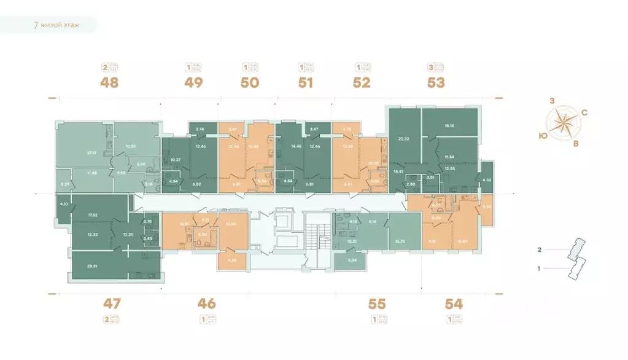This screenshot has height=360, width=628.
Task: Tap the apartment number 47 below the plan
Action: pyautogui.click(x=112, y=303)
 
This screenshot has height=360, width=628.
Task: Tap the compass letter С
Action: pyautogui.click(x=584, y=112)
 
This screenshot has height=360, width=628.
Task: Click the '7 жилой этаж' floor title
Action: pyautogui.click(x=56, y=25)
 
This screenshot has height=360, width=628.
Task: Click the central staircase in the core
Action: pyautogui.click(x=317, y=237)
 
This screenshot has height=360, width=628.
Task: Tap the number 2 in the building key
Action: pyautogui.click(x=539, y=250)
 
